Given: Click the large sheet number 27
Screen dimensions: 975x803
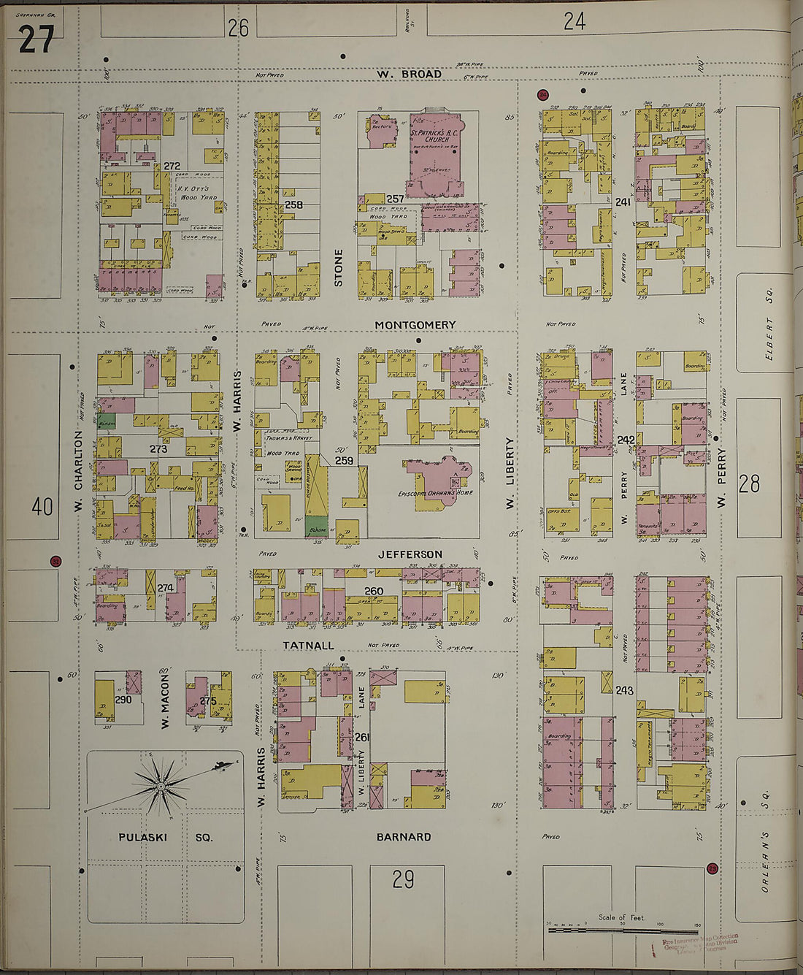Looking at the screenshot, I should (x=36, y=39).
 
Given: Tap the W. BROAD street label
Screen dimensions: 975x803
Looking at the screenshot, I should (x=410, y=74).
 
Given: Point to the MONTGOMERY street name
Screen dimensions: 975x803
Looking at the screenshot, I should (x=415, y=324).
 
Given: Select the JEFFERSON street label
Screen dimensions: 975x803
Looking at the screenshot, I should (x=410, y=554).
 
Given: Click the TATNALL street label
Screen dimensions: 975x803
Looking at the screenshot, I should (x=309, y=646).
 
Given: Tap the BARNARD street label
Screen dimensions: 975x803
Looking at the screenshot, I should (x=403, y=837).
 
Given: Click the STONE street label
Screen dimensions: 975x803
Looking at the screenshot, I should (x=338, y=267).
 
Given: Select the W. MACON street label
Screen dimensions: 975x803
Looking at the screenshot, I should (x=164, y=700).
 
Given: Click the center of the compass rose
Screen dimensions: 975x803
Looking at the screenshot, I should (x=159, y=787).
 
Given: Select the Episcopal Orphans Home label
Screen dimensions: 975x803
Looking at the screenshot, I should (x=436, y=492).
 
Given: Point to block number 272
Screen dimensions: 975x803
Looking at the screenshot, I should (x=172, y=167).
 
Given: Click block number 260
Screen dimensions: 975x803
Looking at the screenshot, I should (x=374, y=591).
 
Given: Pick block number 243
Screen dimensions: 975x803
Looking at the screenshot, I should (x=624, y=690).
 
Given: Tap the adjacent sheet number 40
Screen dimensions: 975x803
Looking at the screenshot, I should (x=42, y=506).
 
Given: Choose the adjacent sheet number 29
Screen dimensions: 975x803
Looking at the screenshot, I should (x=403, y=879).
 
